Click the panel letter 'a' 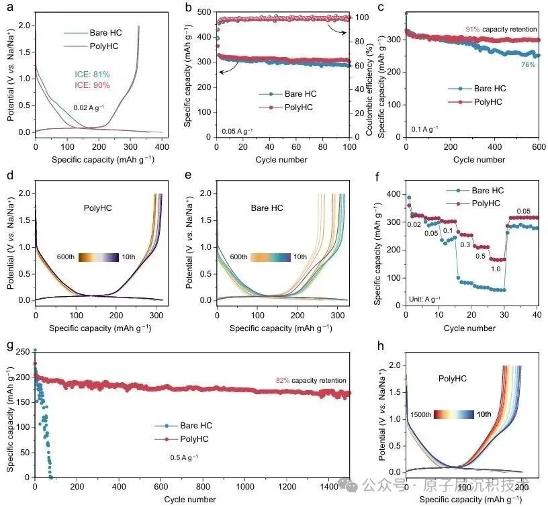(9, 8)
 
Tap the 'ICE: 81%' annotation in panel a (91, 74)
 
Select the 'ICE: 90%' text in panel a (91, 85)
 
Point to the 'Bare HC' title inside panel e (267, 208)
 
